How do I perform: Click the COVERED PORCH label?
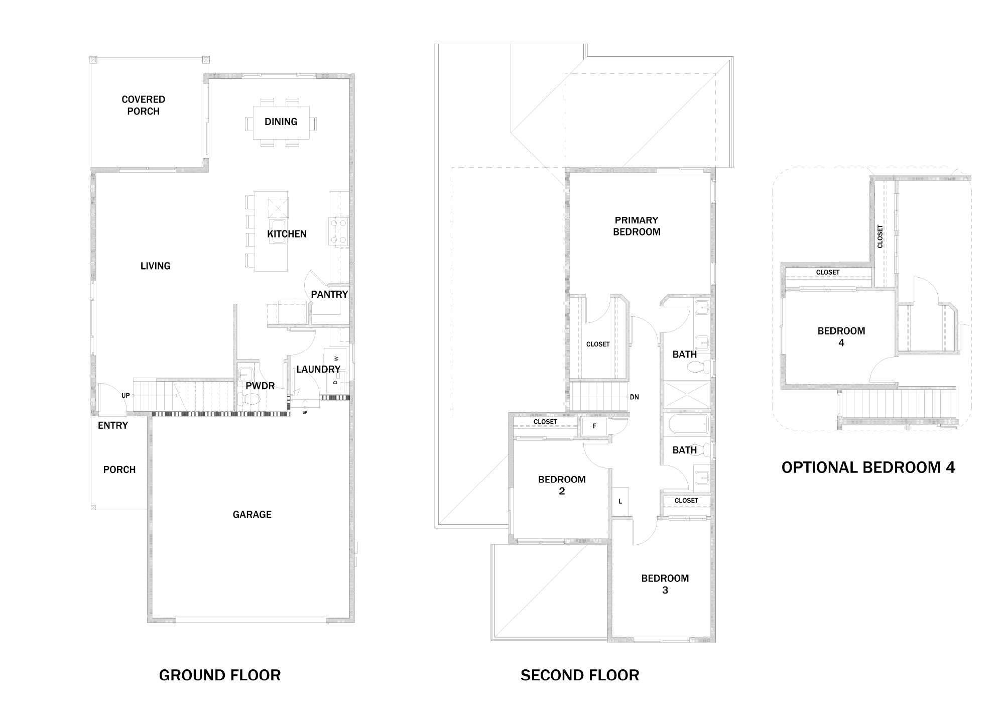[x=144, y=105]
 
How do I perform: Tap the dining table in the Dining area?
[x=281, y=122]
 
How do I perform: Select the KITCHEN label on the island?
[x=287, y=234]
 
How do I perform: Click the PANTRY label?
[x=329, y=294]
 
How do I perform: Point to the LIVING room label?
[x=156, y=266]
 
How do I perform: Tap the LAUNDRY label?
[x=318, y=370]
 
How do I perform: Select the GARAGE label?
[x=252, y=515]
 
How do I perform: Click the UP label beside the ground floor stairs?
[x=125, y=396]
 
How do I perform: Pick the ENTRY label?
[x=113, y=426]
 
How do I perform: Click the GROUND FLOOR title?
[x=220, y=675]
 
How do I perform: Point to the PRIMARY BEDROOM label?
[x=637, y=226]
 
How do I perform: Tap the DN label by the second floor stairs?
[x=635, y=397]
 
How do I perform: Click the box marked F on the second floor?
[x=594, y=426]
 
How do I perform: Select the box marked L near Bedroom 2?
[x=620, y=501]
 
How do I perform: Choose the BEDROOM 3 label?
[x=665, y=584]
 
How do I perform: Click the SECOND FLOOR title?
[x=580, y=675]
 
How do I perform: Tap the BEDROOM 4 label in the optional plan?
[x=841, y=337]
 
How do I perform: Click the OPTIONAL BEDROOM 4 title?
[x=868, y=468]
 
